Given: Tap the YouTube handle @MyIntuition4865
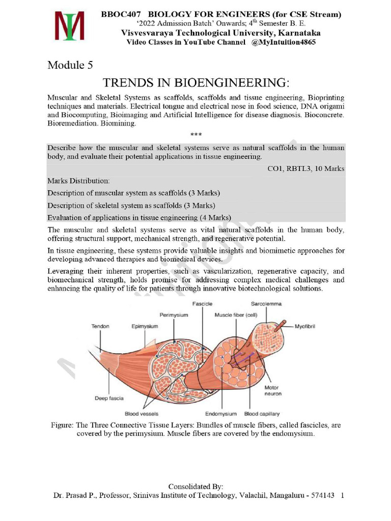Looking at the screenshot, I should click(x=284, y=42).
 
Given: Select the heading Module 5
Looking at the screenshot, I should click(x=70, y=65).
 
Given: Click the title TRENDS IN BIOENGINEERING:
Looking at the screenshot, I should click(x=196, y=82).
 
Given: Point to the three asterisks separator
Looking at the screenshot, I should click(x=196, y=135).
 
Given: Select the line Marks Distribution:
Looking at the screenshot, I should click(x=78, y=181).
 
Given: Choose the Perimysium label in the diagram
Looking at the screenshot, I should click(x=174, y=315).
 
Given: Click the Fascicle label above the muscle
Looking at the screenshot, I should click(x=202, y=304).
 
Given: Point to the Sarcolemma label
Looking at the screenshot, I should click(x=266, y=304).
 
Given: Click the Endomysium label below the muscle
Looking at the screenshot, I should click(x=222, y=414).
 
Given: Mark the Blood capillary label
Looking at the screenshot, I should click(x=262, y=414).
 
